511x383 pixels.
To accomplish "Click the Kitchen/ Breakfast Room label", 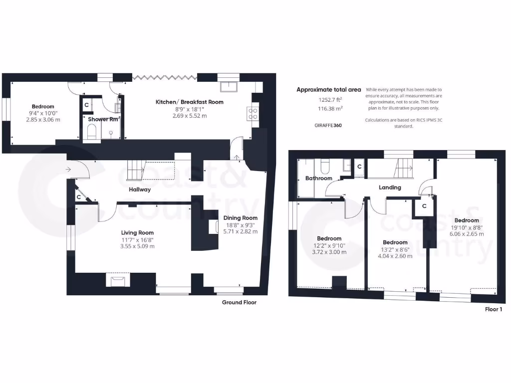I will coord(189,102).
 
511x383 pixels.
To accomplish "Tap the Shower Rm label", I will coord(103,119).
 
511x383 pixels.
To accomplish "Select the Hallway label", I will coord(139,190).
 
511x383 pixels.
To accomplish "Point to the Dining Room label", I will coord(240,218).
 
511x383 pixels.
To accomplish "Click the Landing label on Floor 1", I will coord(390,188).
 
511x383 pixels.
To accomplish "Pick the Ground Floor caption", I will coord(239,302).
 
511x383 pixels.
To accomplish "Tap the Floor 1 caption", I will coord(493,309).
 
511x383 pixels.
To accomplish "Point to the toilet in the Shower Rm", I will coord(91,132).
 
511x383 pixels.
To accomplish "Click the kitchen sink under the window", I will coord(229,87).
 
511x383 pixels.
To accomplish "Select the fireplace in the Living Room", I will coord(118,281).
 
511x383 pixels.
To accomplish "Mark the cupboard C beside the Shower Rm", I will coord(86,105).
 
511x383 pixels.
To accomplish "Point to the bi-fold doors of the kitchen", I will coord(164,77).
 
